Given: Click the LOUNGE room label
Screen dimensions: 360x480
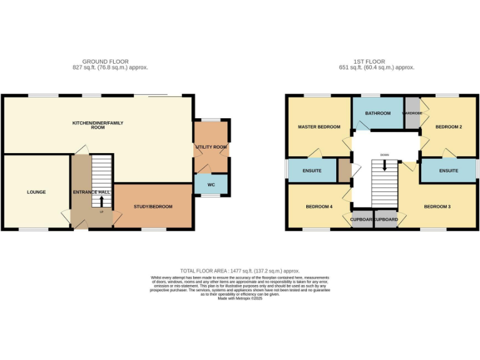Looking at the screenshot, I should click(36, 192).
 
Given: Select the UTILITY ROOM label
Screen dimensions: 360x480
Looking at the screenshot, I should click(211, 147).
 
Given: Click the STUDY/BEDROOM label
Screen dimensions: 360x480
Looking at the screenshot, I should click(153, 206).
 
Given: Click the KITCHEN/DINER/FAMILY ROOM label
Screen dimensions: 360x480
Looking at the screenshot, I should click(97, 125).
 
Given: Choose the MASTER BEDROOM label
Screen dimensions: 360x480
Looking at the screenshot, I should click(319, 127).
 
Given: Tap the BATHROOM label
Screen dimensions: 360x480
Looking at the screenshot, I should click(378, 113).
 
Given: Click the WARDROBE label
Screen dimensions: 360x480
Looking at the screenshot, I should click(412, 113).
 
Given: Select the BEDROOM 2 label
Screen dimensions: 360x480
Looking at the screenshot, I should click(449, 127).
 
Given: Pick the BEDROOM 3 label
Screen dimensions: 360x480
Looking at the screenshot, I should click(437, 206).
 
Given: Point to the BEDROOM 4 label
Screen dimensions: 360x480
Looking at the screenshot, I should click(319, 206).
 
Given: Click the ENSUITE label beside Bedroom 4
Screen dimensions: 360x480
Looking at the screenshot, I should click(312, 171).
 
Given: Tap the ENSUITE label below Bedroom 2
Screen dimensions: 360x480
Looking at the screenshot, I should click(448, 171).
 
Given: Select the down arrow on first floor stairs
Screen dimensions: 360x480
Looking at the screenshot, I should click(384, 166).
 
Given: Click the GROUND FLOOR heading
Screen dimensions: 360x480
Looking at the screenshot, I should click(110, 62).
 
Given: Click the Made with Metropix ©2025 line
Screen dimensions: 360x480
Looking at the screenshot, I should click(240, 299).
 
